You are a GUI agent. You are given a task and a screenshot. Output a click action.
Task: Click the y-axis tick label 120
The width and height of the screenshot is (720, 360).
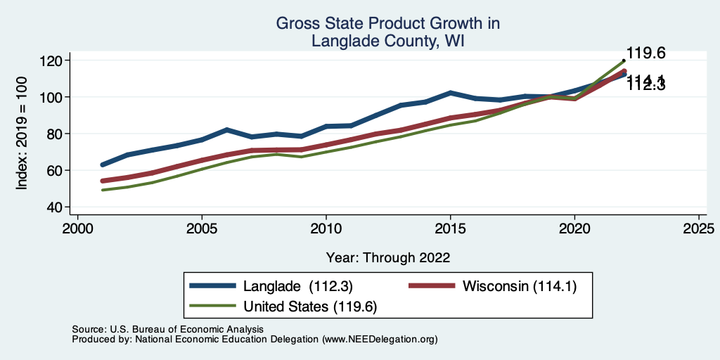[51, 60]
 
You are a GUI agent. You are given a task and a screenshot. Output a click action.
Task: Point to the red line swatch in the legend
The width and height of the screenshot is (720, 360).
[432, 285]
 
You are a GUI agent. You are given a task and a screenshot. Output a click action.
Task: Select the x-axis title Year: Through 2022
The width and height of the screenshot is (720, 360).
[388, 257]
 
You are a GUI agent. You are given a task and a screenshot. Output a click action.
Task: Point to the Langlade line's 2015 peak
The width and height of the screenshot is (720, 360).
[450, 93]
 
